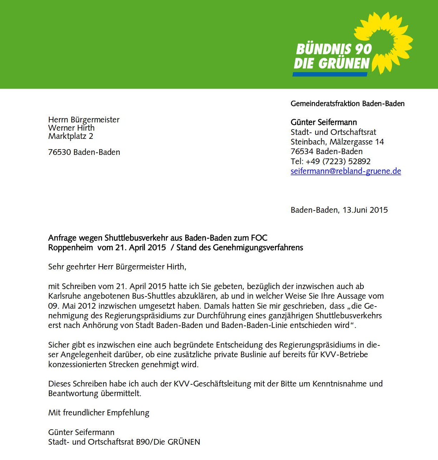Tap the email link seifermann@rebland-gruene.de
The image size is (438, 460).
[346, 171]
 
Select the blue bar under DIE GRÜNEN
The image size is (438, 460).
[330, 74]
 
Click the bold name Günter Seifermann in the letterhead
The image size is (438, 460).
[323, 122]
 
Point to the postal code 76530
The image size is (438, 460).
[60, 152]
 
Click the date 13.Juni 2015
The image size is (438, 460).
[365, 210]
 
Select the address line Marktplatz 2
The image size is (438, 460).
[71, 136]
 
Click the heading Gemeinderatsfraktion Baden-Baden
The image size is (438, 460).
[347, 103]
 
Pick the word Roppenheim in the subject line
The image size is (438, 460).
[70, 248]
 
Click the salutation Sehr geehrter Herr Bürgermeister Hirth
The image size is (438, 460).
[117, 267]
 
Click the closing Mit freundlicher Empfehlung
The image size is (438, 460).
[99, 413]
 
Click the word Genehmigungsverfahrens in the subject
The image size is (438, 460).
[258, 248]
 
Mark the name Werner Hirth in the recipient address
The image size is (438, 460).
[71, 128]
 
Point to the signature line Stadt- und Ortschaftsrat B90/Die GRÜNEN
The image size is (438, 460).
[124, 442]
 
